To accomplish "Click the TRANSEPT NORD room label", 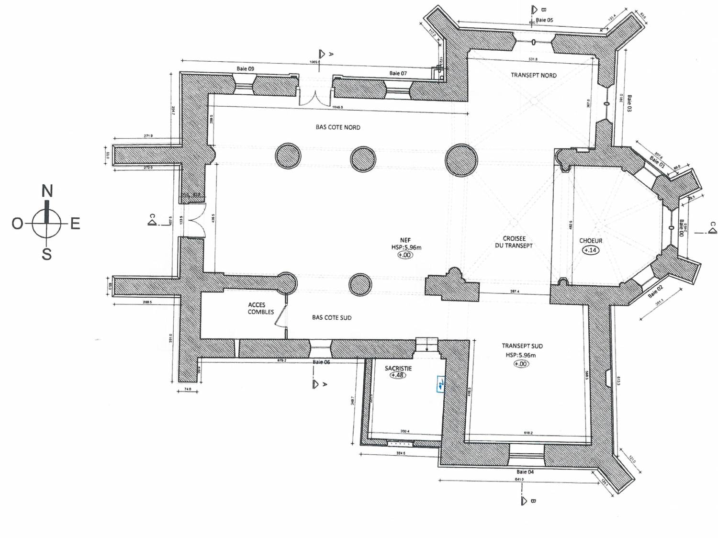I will (533, 75).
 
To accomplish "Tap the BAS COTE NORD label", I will (337, 127).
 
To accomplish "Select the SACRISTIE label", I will (398, 369).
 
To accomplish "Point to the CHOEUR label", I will (590, 241).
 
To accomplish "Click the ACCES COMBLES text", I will (260, 308).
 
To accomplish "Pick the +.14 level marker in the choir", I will (590, 250).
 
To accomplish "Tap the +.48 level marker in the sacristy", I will (397, 375).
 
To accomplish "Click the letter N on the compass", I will (47, 191).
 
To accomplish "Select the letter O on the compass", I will (17, 224).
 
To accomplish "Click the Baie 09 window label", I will (245, 69).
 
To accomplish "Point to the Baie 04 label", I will (525, 472).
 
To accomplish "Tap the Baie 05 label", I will (544, 20).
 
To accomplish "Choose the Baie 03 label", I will (629, 103).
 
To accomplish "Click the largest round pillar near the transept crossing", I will (461, 160).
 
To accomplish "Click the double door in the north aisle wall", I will (314, 97).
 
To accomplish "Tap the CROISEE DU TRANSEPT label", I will (514, 242).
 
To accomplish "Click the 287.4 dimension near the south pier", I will (515, 291).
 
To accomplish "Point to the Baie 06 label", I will (321, 362).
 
